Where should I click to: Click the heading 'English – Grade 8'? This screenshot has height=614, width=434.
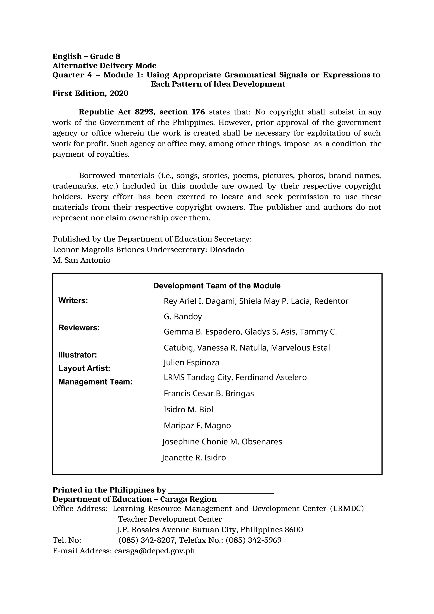[86, 56]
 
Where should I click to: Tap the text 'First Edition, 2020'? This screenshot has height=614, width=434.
[90, 93]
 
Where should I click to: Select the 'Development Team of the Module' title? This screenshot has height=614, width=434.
[217, 286]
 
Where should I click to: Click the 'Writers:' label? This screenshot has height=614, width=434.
[73, 301]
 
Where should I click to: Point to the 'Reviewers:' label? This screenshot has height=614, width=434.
[79, 328]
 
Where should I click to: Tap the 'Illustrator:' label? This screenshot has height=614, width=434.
[78, 355]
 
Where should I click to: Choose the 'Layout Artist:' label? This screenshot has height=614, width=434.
[84, 368]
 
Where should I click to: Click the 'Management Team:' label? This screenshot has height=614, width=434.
[95, 382]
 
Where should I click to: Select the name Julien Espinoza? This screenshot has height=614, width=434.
[191, 363]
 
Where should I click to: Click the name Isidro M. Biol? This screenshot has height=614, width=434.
[188, 409]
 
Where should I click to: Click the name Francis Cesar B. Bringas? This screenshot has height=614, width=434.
[209, 393]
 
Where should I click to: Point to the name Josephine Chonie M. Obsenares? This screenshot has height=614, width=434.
[222, 441]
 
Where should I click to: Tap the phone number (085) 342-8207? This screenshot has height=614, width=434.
[147, 540]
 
